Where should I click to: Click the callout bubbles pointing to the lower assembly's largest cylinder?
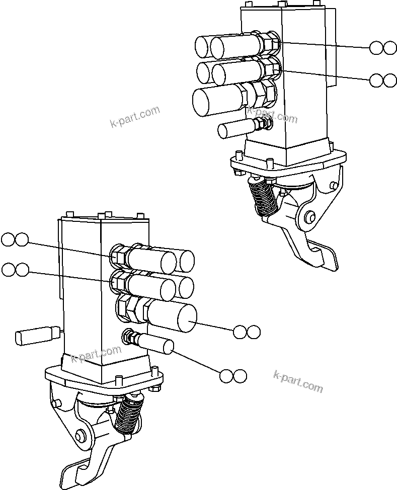pyautogui.click(x=247, y=332)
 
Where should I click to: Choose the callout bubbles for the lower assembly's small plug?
pyautogui.click(x=233, y=376)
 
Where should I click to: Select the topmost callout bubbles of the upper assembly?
pyautogui.click(x=383, y=48)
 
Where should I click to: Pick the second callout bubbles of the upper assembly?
pyautogui.click(x=383, y=80)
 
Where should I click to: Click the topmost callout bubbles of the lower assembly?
pyautogui.click(x=15, y=239)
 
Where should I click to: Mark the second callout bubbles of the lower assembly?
pyautogui.click(x=15, y=270)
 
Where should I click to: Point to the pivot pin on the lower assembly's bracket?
pyautogui.click(x=80, y=435)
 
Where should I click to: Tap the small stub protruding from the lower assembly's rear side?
pyautogui.click(x=35, y=336)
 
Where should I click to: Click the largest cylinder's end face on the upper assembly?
pyautogui.click(x=204, y=103)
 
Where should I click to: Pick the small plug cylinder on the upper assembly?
pyautogui.click(x=234, y=129)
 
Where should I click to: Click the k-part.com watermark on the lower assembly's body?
pyautogui.click(x=96, y=354)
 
